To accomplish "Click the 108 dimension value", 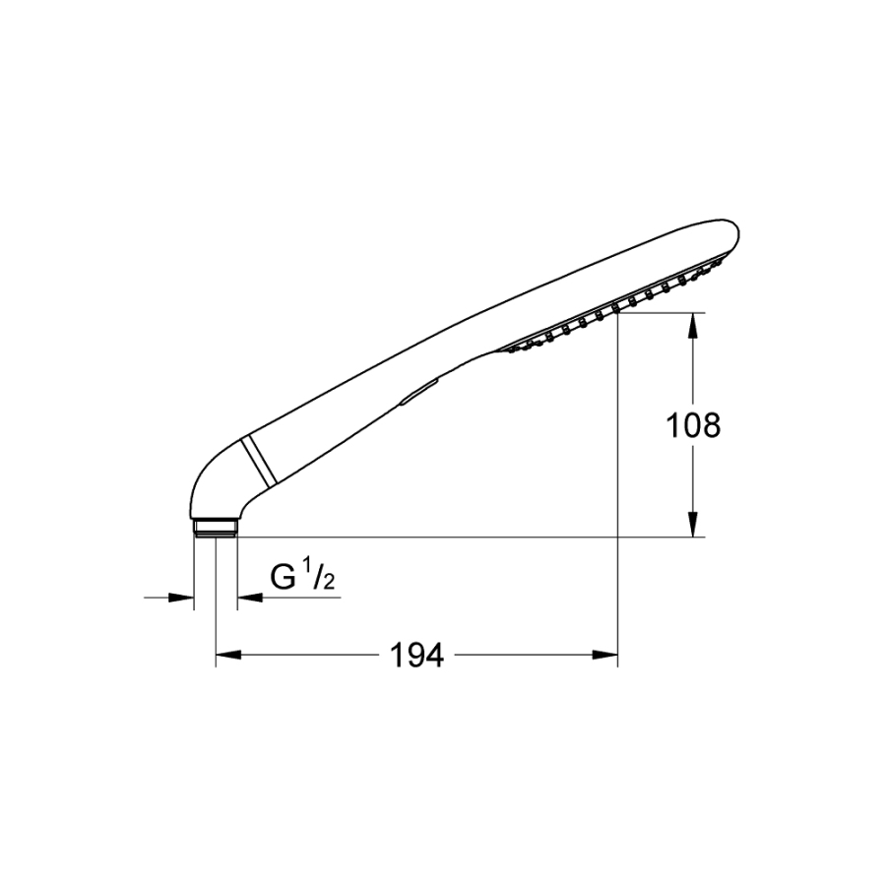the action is point(693,425).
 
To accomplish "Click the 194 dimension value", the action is point(417,656).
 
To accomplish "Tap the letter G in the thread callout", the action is point(284,576).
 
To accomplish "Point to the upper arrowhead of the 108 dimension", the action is point(694,326).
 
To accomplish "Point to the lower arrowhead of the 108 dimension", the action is point(694,525).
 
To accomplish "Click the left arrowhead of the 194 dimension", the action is point(228,655).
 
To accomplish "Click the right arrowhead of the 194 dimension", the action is point(605,655).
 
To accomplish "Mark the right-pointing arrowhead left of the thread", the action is point(181,598).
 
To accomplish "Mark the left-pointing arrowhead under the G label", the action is point(250,598).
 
